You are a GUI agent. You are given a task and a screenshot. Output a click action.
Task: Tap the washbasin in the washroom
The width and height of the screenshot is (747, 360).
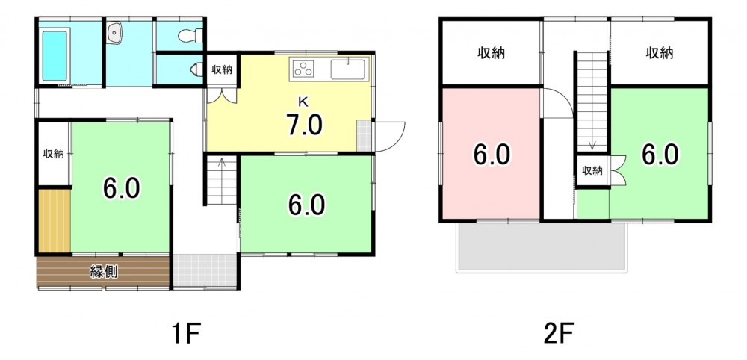(x=115, y=34)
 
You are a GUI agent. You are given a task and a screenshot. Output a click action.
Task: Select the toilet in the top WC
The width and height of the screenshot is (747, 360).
(x=190, y=36)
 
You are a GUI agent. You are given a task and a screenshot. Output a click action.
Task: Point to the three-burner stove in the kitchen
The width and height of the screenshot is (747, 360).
(x=303, y=69)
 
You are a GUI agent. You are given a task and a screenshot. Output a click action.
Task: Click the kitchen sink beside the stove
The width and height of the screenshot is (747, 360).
(x=348, y=69)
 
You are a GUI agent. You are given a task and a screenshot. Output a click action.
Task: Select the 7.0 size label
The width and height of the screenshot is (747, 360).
(x=304, y=125)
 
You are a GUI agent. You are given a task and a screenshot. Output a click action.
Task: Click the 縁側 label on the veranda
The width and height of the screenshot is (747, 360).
(x=104, y=272)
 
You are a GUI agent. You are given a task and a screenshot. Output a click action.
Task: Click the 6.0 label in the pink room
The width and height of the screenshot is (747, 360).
(x=492, y=155)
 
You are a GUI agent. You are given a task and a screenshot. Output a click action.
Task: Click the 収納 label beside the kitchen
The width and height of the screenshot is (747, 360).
(x=222, y=69)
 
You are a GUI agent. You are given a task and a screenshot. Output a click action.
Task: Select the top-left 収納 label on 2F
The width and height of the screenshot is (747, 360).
(x=492, y=53)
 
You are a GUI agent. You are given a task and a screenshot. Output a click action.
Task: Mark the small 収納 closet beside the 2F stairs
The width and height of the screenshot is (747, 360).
(x=592, y=170)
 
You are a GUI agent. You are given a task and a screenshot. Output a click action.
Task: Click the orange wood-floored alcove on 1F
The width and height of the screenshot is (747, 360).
(x=55, y=221)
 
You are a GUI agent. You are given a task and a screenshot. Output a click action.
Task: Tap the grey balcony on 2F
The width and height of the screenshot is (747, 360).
(x=541, y=246)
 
